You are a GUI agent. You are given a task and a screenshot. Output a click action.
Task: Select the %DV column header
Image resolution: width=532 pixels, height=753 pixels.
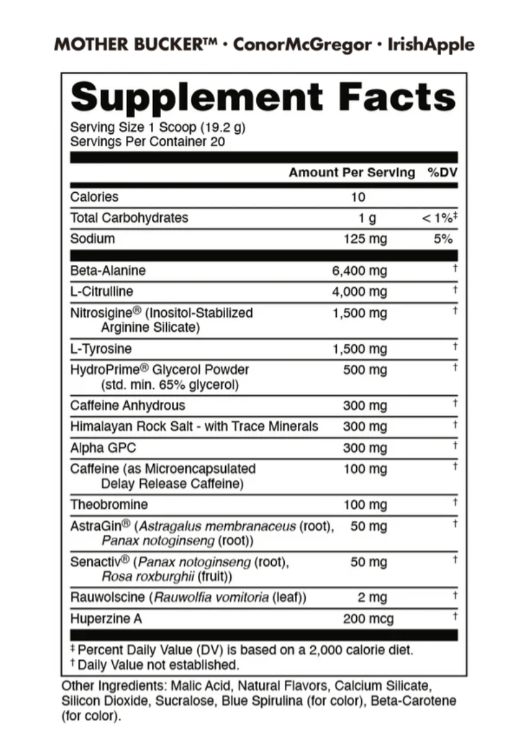(442, 172)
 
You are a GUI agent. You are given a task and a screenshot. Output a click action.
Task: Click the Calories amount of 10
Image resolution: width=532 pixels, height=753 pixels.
(358, 197)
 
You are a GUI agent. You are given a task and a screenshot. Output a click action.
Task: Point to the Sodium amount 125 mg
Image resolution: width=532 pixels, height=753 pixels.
(365, 239)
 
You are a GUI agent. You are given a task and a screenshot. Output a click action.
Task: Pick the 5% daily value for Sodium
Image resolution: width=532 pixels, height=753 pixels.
(443, 239)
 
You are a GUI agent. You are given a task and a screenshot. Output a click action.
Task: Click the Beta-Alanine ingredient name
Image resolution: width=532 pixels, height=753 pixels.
(108, 270)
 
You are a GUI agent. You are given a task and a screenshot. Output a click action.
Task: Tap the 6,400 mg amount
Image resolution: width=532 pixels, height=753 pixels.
(359, 271)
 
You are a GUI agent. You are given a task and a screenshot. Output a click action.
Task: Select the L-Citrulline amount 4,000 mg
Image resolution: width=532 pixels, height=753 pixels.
(359, 291)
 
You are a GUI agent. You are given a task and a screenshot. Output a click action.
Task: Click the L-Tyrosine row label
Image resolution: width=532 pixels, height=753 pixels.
(101, 349)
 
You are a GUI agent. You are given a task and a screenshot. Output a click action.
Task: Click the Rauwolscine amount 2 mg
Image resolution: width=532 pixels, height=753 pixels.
(372, 597)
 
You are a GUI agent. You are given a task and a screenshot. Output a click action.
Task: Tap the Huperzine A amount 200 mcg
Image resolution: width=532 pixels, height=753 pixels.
(368, 619)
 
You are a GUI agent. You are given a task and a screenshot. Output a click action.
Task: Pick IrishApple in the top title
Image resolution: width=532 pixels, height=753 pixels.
(431, 45)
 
